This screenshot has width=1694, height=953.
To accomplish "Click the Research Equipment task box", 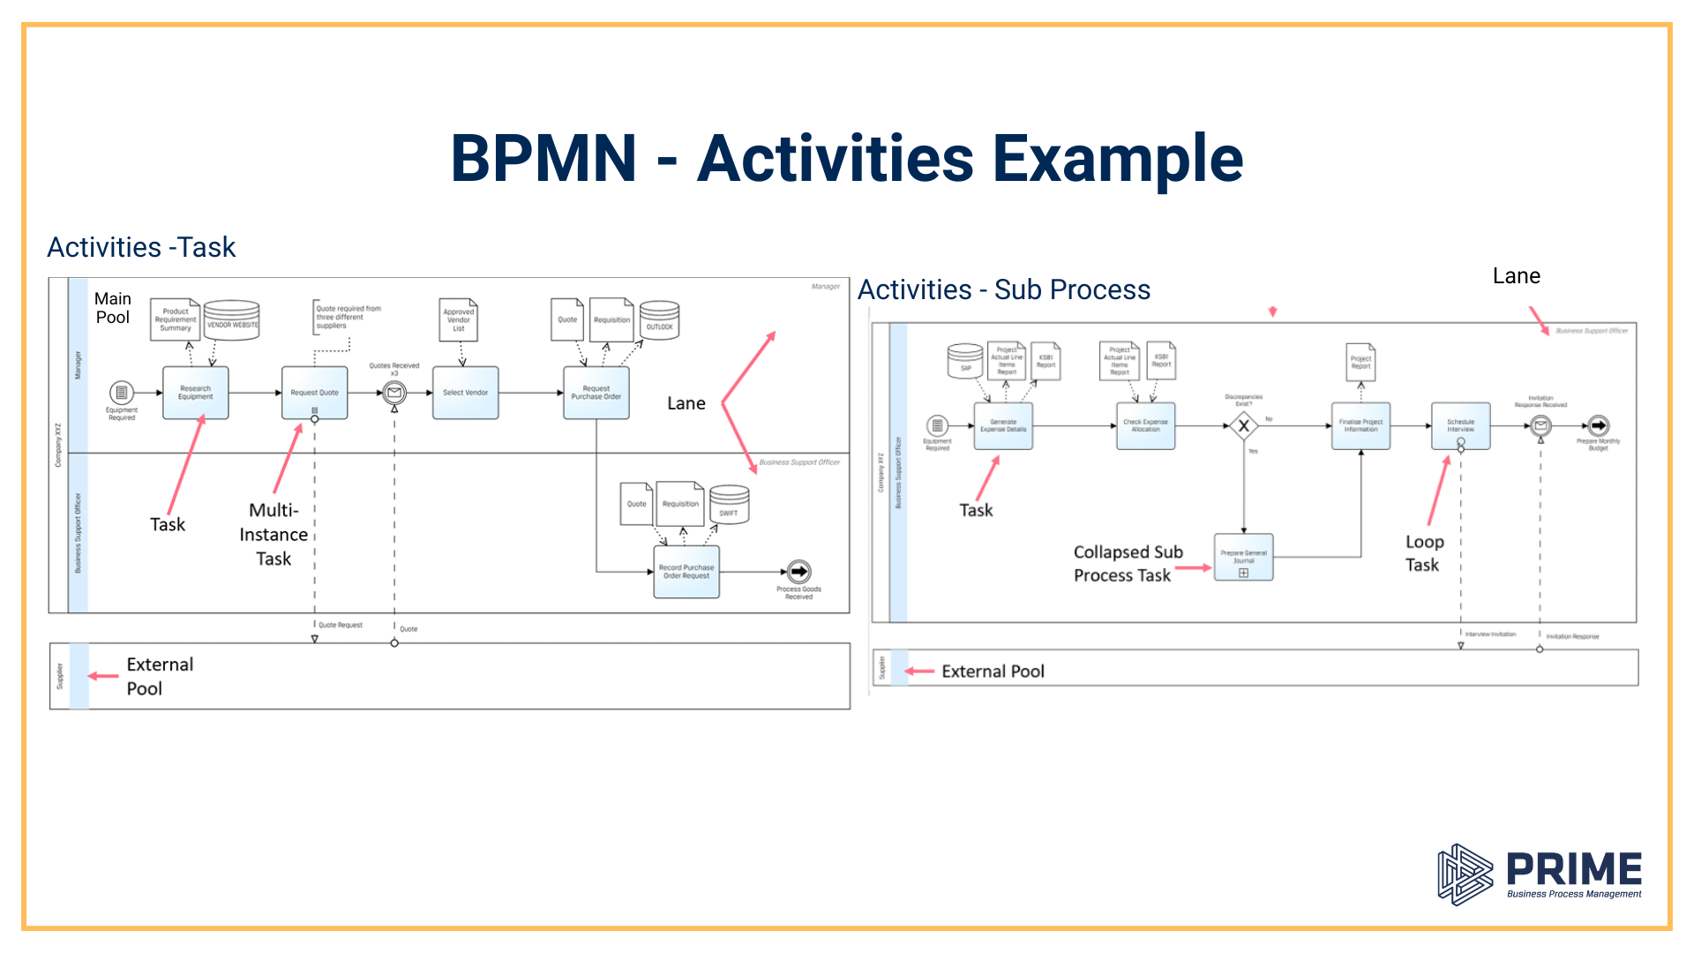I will point(195,393).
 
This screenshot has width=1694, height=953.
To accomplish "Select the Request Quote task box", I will point(314,393).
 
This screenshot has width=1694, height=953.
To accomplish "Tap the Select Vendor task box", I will point(465,393).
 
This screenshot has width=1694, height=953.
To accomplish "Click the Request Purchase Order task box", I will point(596,393).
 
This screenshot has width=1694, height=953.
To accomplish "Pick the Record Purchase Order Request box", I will point(686,572).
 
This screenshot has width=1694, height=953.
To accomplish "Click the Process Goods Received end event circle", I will point(798,572).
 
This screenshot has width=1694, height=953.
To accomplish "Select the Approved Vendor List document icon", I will point(459,320).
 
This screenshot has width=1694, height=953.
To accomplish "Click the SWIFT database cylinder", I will point(729,505).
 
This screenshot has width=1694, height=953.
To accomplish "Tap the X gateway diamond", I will point(1243,426).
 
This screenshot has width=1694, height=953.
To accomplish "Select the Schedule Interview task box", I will point(1460,426).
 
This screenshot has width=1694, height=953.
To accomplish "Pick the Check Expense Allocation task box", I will point(1145,426).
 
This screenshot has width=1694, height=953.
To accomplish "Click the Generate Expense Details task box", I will point(1003,426).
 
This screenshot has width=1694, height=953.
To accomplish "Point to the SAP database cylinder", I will point(965,361).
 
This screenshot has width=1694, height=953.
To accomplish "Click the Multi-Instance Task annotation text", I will point(274,535).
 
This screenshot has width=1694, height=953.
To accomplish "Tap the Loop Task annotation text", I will point(1423,553).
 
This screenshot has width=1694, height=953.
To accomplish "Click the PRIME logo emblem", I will point(1465,874).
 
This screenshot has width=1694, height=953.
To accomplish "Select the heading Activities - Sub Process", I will point(1004,289).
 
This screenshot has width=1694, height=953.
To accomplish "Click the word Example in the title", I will point(1117,159).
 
